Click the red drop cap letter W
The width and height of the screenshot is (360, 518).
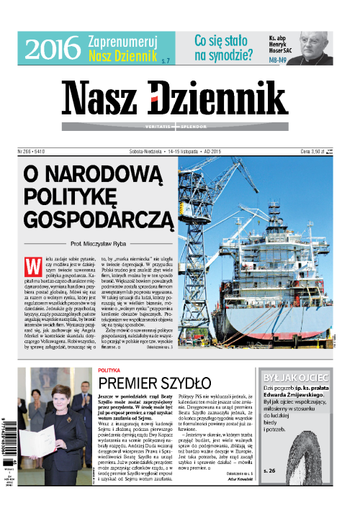(32, 264)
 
